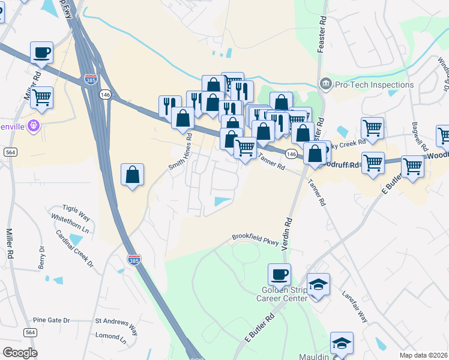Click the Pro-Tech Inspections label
375,85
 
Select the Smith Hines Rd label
180,152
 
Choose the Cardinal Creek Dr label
75,248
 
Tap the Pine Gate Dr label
52,320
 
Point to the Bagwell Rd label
420,136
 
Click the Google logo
20,352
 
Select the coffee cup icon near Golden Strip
279,275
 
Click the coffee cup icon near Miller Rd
41,52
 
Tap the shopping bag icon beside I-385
133,175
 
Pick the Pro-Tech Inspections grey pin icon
326,83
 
